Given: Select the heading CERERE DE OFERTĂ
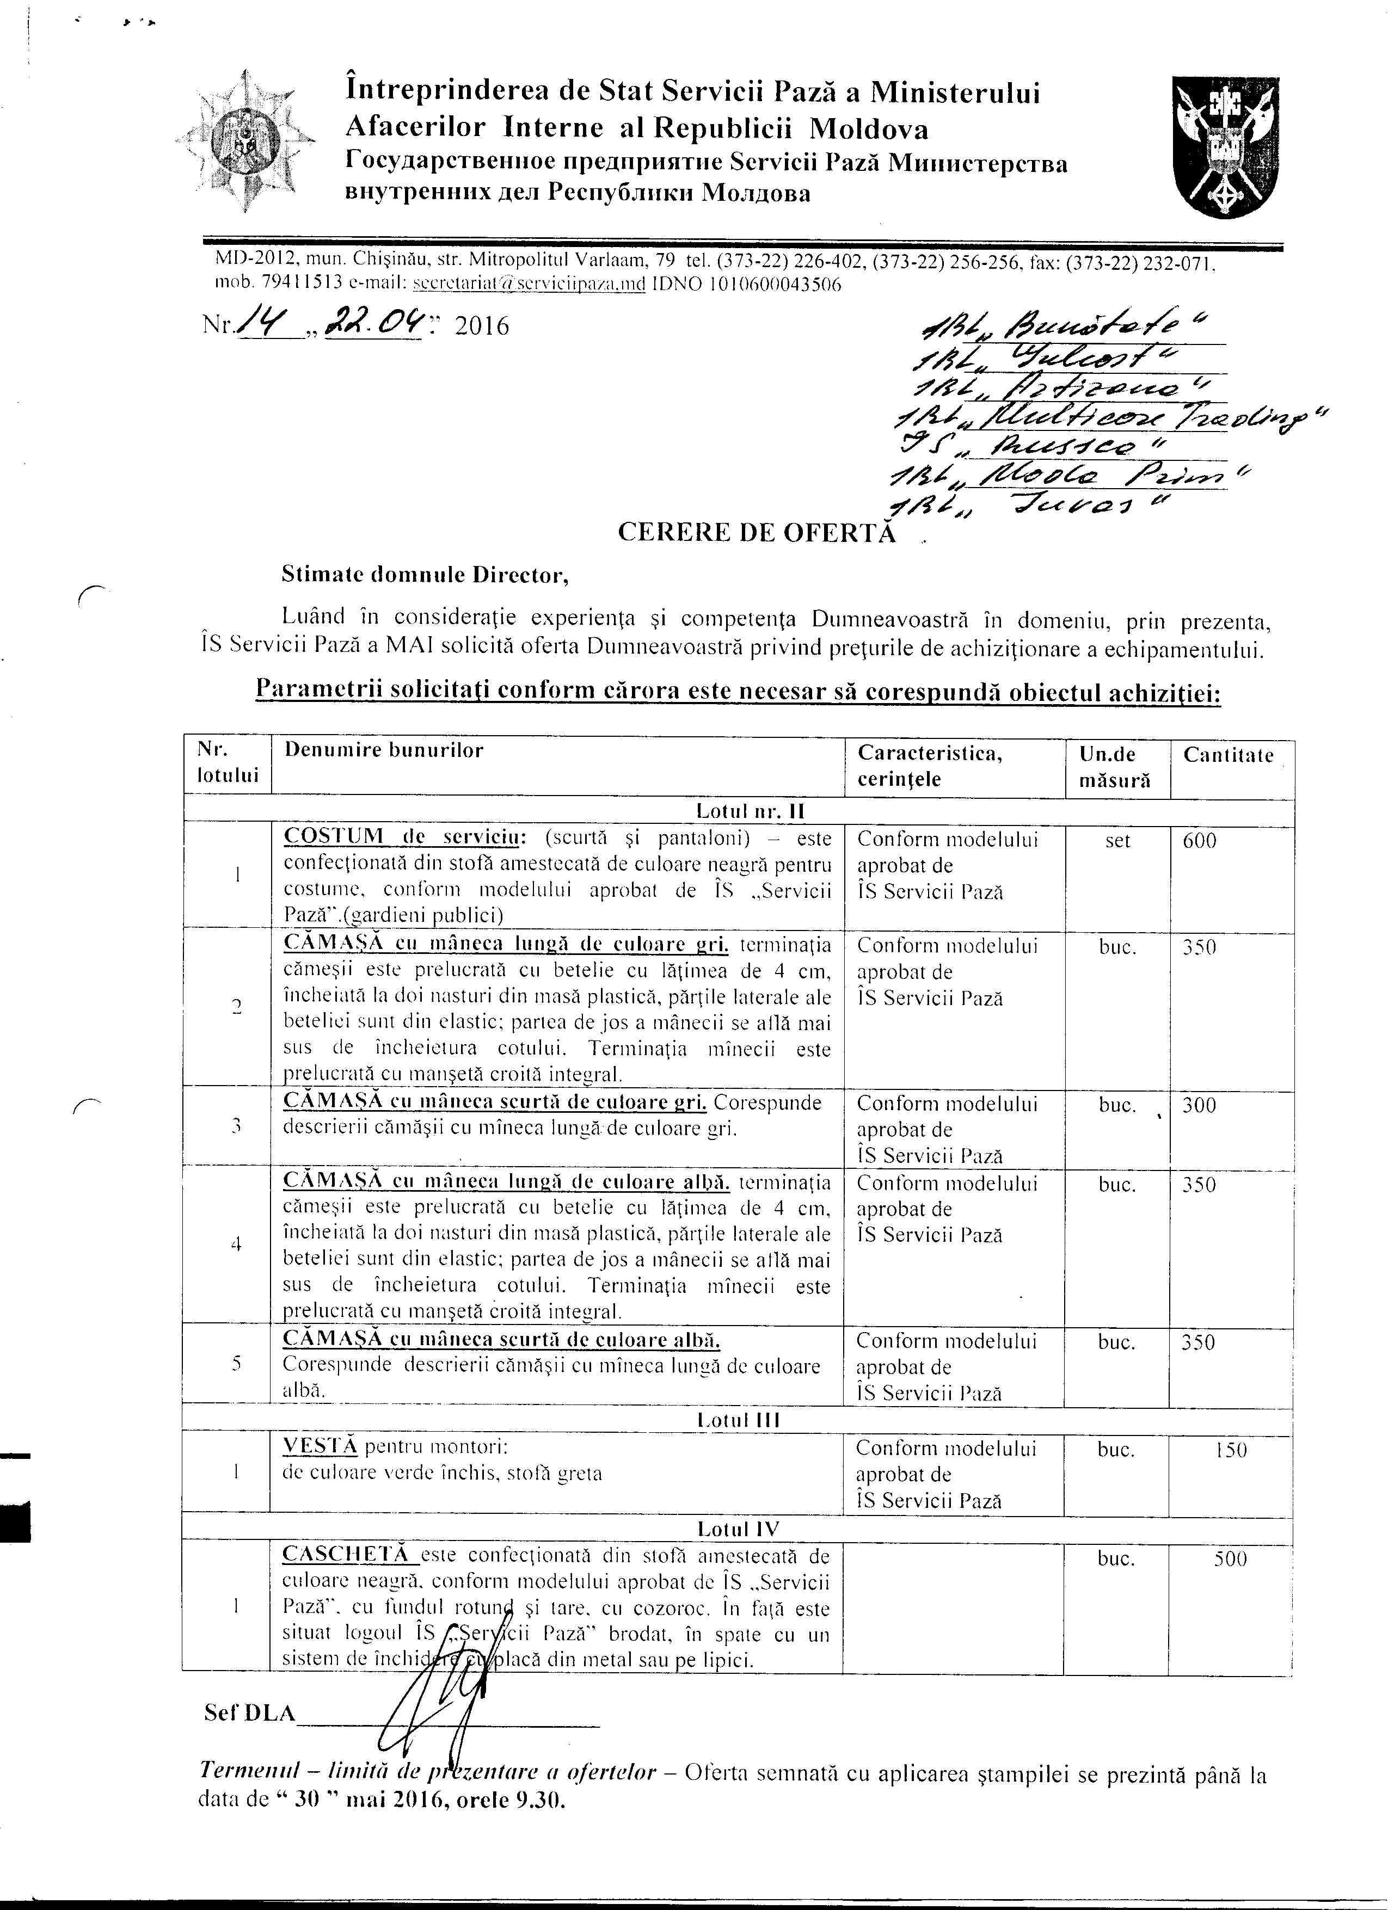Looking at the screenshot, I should [757, 532].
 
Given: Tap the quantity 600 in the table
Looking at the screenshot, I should [1199, 841].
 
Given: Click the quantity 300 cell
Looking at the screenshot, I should [1199, 1105].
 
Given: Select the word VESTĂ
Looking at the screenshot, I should [320, 1447].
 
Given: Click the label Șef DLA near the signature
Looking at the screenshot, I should [250, 1713].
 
